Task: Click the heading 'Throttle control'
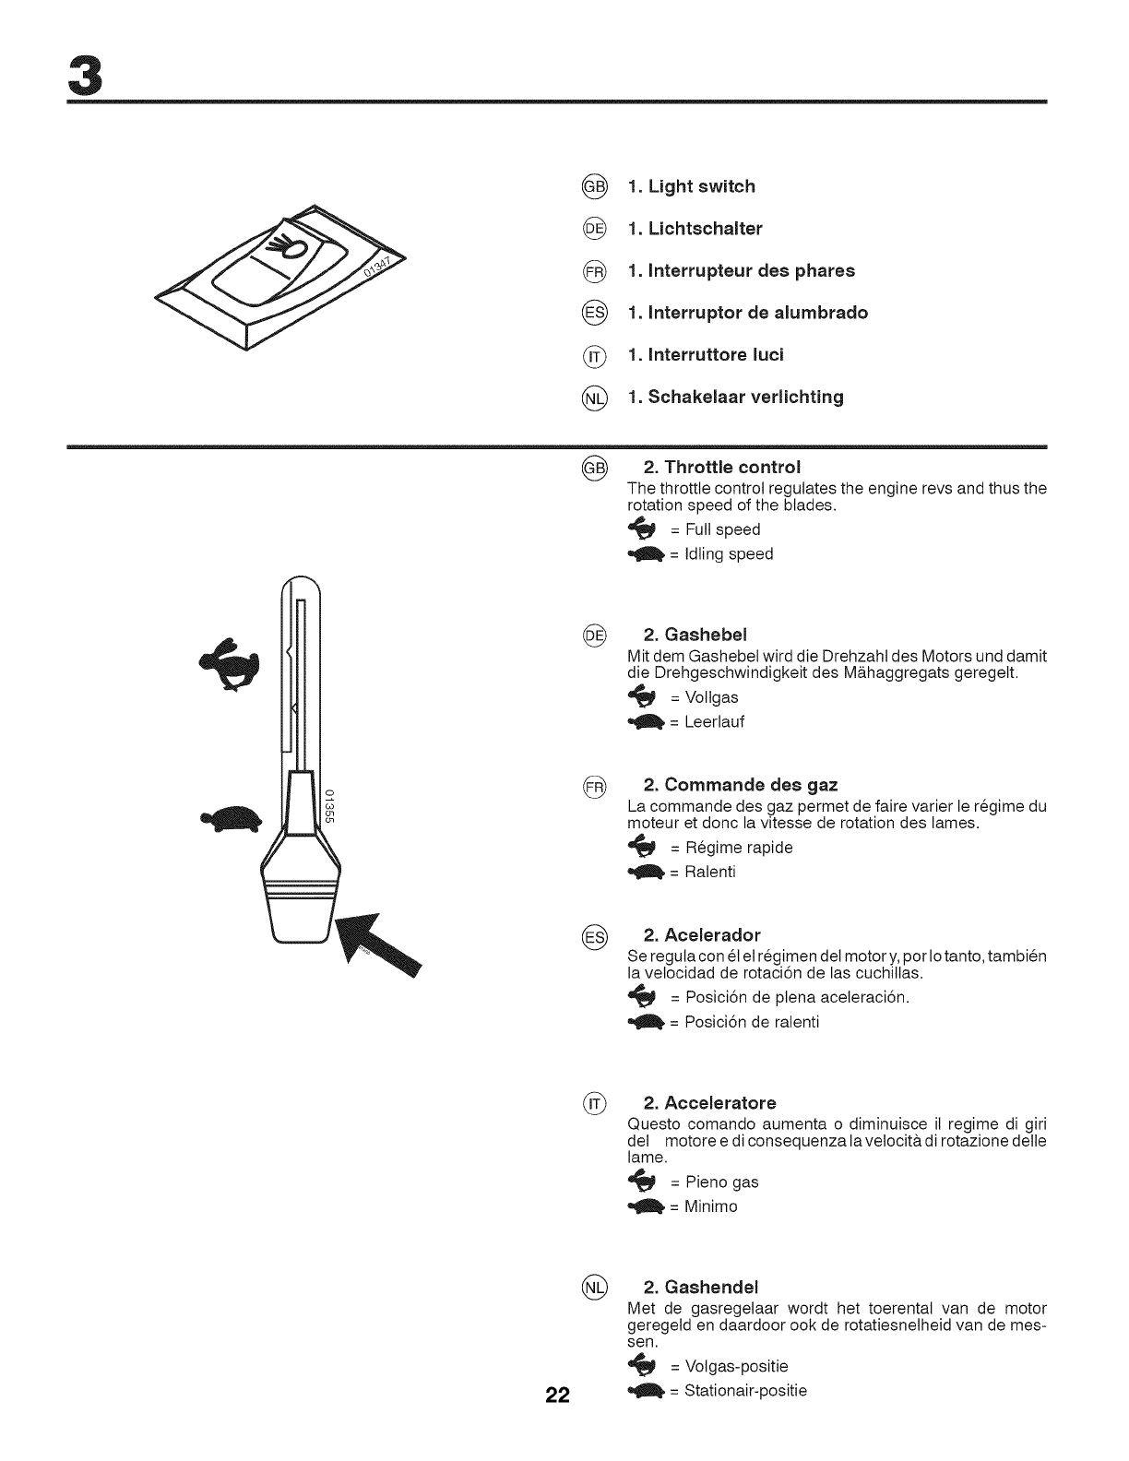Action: [x=722, y=467]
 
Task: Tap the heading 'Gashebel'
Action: [x=695, y=635]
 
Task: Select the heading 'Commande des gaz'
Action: [x=741, y=785]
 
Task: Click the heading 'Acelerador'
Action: [x=702, y=935]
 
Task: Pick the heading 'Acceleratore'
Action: [x=709, y=1103]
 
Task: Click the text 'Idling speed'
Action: [x=721, y=554]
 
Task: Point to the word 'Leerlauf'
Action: [x=707, y=722]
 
